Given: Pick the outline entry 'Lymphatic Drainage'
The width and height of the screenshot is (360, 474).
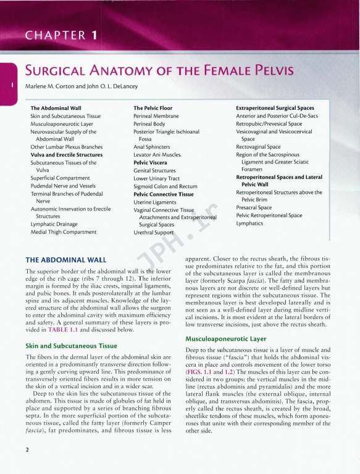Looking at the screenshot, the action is (55, 224).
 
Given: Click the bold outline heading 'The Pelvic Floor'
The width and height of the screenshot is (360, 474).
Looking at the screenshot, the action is (153, 108).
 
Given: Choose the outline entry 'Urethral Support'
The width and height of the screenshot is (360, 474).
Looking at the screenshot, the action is (157, 233).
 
